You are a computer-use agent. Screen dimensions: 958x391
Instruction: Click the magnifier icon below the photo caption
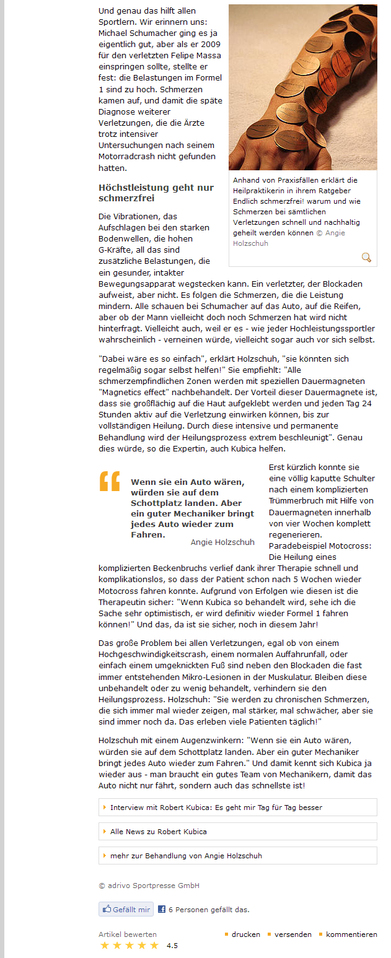click(x=366, y=258)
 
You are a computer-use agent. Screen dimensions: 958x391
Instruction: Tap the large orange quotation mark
click(x=110, y=481)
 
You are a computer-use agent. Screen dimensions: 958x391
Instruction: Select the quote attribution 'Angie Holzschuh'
click(x=222, y=542)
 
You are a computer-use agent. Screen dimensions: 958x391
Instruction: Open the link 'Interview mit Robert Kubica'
click(x=216, y=808)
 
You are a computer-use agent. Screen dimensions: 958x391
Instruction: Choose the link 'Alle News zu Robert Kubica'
click(x=158, y=831)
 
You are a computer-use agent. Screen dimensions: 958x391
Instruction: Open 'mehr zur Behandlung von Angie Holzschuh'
click(x=186, y=855)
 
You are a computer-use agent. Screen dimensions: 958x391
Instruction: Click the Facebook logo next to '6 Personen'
click(x=162, y=910)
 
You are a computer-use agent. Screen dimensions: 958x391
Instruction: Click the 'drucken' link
click(x=245, y=934)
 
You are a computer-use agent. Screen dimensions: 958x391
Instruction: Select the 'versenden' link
click(x=292, y=934)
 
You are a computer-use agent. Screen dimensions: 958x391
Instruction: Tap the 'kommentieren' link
click(x=351, y=934)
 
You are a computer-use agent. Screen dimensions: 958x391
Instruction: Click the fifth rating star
click(x=154, y=946)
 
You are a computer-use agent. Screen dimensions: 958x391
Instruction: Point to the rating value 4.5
click(x=172, y=946)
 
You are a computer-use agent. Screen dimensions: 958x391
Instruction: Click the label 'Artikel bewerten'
click(x=119, y=934)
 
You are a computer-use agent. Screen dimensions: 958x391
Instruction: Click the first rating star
click(x=105, y=946)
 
